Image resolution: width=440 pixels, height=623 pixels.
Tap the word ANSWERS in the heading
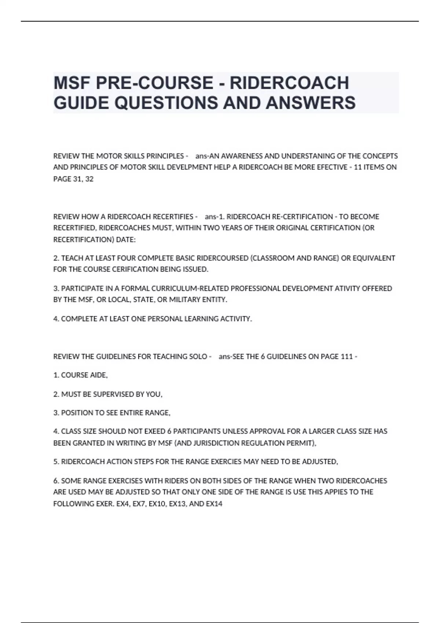(311, 103)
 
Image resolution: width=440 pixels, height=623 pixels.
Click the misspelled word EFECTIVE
(331, 167)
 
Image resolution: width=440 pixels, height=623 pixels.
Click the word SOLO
(198, 357)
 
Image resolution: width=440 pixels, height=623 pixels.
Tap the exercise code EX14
(214, 504)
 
